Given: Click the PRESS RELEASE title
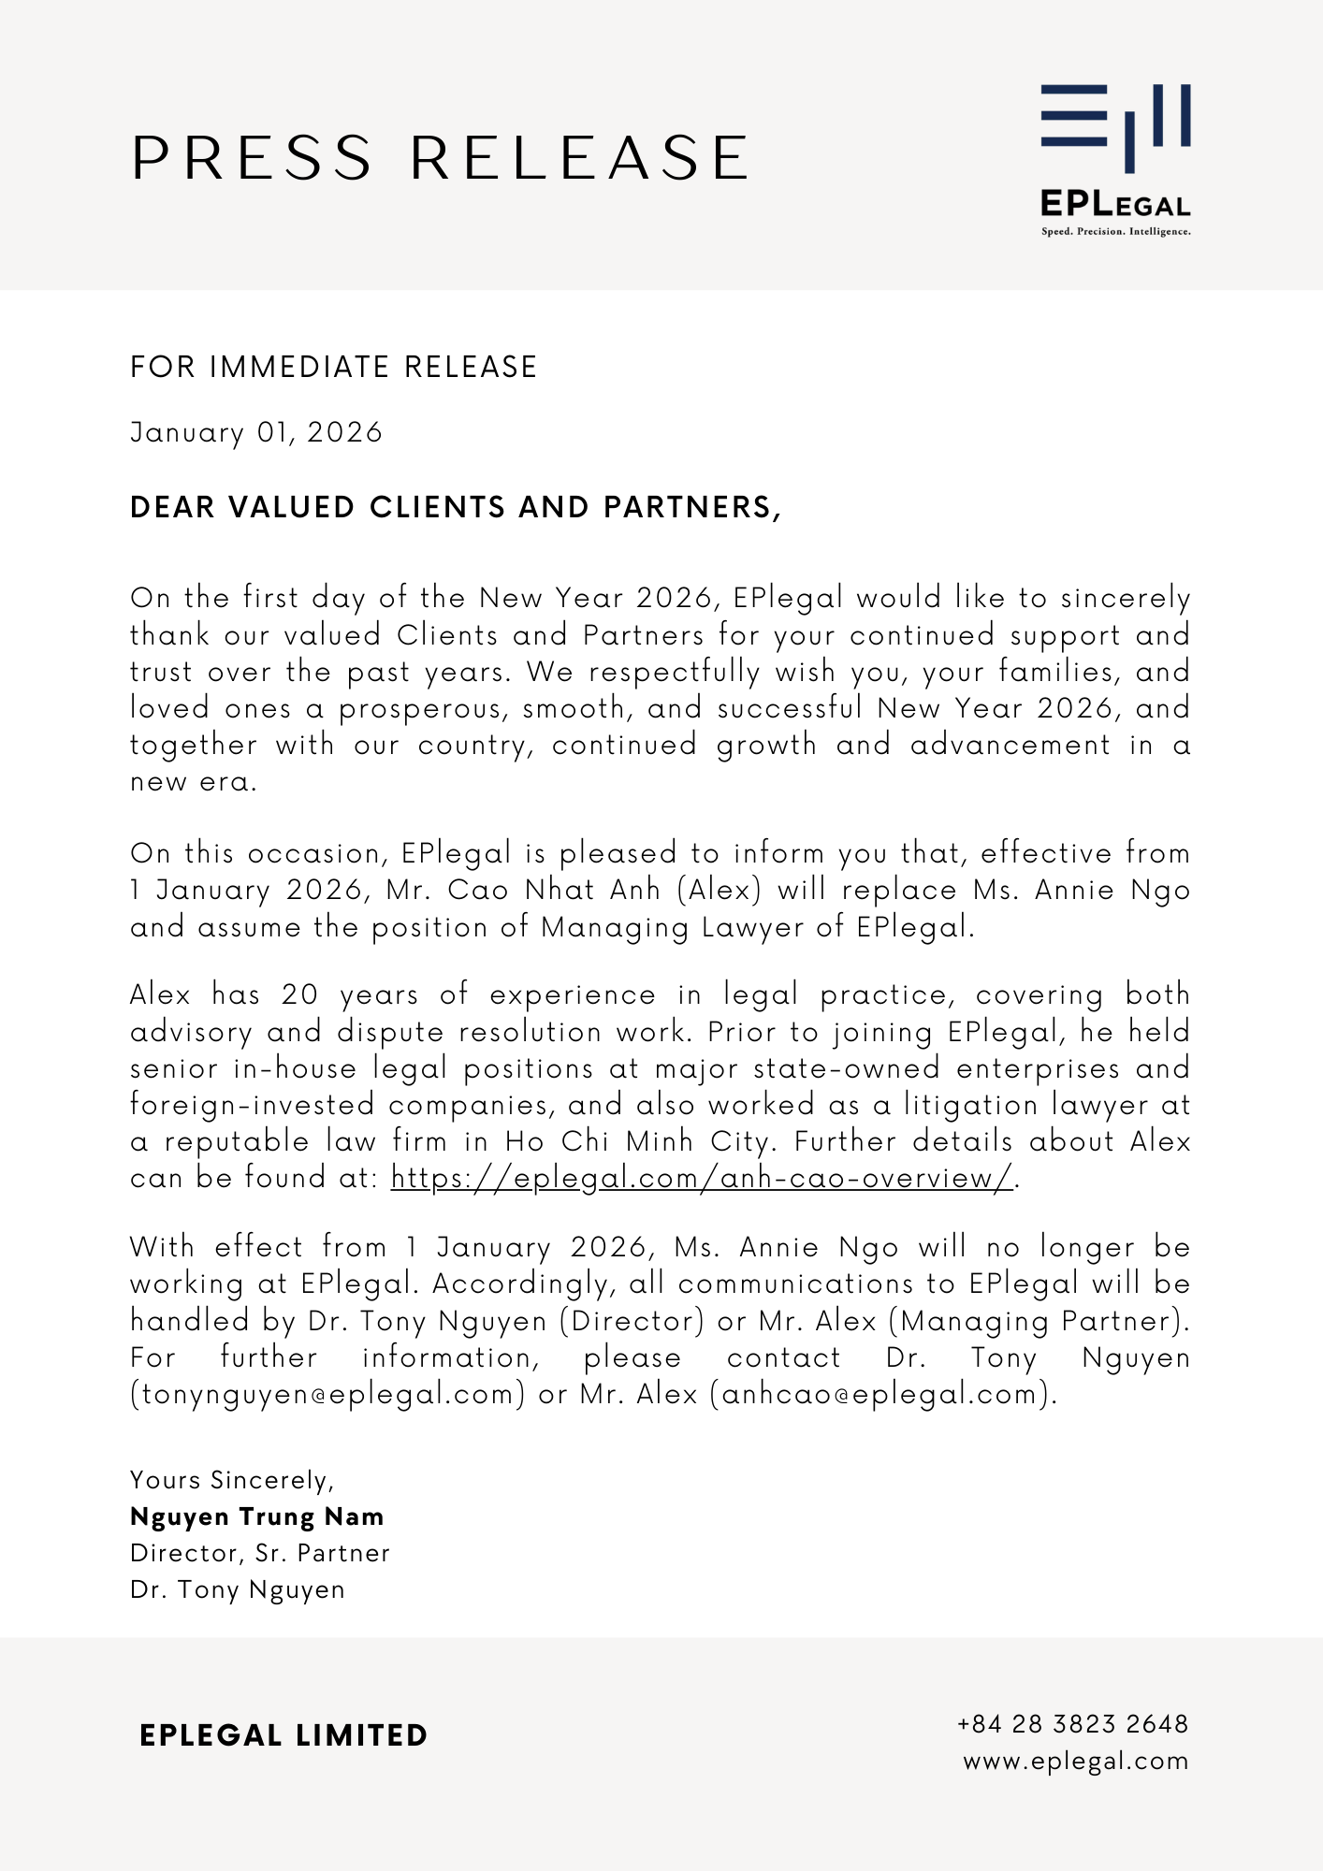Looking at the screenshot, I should (x=440, y=157).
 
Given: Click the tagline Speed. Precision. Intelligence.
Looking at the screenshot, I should (x=1115, y=231).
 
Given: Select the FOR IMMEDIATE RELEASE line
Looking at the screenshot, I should (x=334, y=367).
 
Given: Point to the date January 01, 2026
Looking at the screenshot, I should (x=256, y=432).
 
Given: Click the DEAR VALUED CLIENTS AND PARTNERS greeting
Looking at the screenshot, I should (x=456, y=507).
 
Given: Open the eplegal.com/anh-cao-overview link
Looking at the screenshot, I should (x=702, y=1178).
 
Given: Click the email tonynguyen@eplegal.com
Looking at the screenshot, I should (x=327, y=1394).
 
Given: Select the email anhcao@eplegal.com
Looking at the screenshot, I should (x=880, y=1394).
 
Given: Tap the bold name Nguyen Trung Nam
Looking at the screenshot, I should (x=257, y=1516).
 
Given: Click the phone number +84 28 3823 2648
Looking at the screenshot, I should (x=1072, y=1724).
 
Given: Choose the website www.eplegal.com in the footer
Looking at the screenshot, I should (x=1075, y=1761).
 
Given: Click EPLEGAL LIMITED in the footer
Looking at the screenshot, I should (x=283, y=1736).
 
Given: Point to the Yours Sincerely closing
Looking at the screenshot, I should (x=232, y=1480).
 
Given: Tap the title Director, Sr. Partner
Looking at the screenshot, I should (x=260, y=1553).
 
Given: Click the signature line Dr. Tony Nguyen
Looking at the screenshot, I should (x=238, y=1589).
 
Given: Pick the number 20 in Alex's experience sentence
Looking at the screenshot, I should (x=300, y=994).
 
